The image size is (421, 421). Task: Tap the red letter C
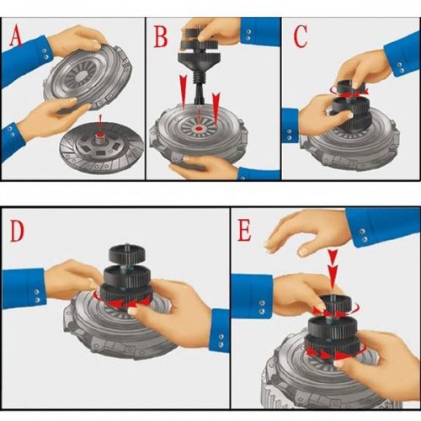(x=301, y=35)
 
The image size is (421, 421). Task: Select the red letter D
(x=17, y=232)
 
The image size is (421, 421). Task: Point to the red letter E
(x=244, y=231)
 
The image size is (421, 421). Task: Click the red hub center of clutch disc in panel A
(x=100, y=136)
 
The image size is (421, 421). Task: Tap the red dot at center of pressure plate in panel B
(x=200, y=129)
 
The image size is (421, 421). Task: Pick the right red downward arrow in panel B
(x=216, y=108)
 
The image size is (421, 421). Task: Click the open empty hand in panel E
(x=306, y=232)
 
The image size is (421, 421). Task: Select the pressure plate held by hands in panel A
(x=88, y=74)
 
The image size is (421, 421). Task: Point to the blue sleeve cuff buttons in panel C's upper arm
(x=401, y=67)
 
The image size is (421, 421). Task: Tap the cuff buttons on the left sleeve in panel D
(x=36, y=296)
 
